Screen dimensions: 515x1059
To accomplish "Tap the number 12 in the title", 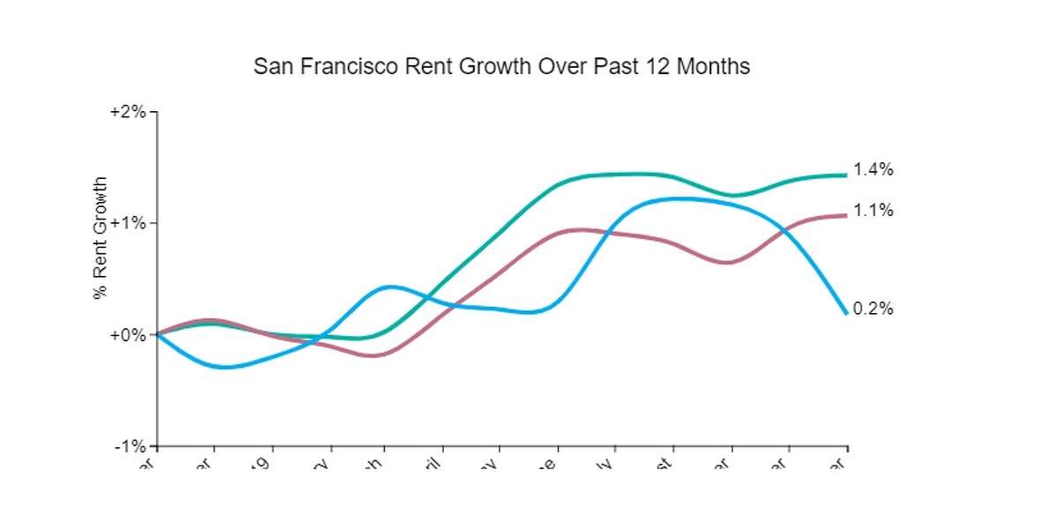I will click(x=657, y=67).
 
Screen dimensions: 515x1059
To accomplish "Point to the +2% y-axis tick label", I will click(x=128, y=112).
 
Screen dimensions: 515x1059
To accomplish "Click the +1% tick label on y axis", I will click(x=128, y=223).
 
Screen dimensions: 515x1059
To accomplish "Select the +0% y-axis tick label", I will click(x=128, y=335).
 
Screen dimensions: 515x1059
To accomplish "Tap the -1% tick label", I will click(x=130, y=446).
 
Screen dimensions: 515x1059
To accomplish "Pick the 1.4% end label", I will click(x=874, y=170).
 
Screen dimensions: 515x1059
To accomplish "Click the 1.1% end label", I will click(x=874, y=210).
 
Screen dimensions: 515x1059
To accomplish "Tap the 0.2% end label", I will click(x=874, y=309).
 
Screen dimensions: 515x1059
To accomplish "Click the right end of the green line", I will click(x=846, y=175).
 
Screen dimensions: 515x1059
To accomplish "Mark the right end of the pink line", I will click(x=846, y=215).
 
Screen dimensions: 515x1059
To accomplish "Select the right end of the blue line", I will click(x=846, y=313).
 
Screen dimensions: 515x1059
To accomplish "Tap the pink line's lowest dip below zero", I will click(x=373, y=355).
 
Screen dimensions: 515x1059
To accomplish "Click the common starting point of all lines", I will click(x=157, y=334).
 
